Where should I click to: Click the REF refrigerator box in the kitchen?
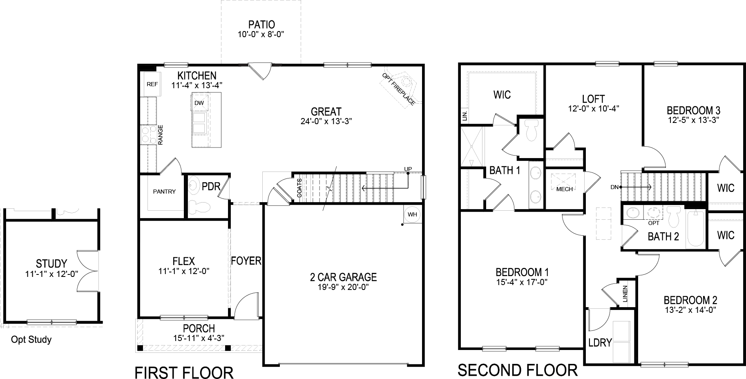[152, 85]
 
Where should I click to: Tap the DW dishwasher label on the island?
[199, 103]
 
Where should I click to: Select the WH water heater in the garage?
[412, 214]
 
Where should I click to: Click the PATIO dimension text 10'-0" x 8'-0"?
[261, 35]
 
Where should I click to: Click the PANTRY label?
[164, 192]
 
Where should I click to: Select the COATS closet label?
[299, 188]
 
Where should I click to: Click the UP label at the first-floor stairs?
[408, 169]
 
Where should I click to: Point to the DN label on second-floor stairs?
[614, 187]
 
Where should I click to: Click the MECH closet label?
[565, 189]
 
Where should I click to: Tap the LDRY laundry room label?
[600, 343]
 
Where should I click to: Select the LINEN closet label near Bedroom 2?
[625, 294]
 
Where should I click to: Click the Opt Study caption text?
[31, 340]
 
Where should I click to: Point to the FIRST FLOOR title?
[184, 372]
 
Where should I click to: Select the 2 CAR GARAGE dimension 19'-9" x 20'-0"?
[343, 287]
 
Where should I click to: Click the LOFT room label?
[593, 99]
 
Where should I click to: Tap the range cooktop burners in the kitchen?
[148, 134]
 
